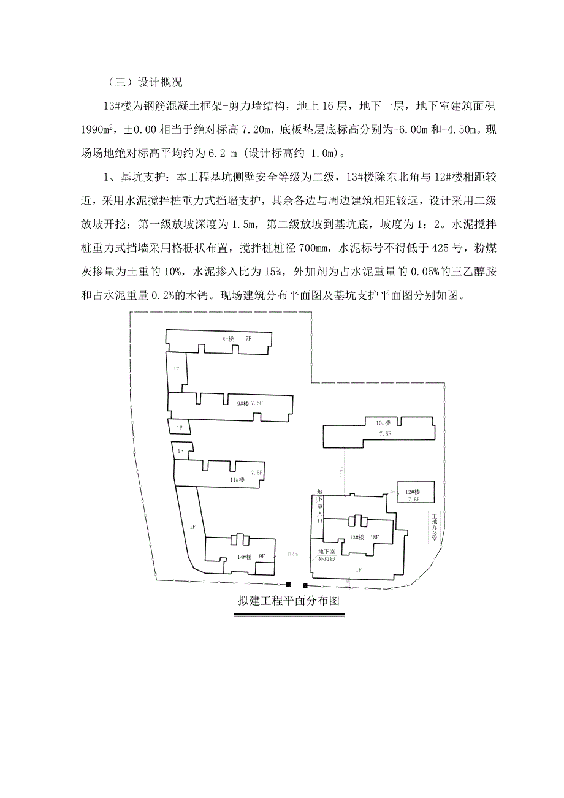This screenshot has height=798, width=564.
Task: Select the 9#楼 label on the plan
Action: pos(243,403)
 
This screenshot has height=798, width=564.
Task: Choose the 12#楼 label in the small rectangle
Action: pos(413,492)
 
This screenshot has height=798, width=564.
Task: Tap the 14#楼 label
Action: pos(245,557)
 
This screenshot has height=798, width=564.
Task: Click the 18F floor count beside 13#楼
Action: pos(373,538)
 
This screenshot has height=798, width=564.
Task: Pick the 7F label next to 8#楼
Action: pos(248,339)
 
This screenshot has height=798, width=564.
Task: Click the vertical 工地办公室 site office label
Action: pos(435,527)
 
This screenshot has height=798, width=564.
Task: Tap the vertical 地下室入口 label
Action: pos(319,506)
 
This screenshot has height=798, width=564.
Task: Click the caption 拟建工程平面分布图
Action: pos(289,601)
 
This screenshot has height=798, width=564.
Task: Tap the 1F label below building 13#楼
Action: pos(359,570)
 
